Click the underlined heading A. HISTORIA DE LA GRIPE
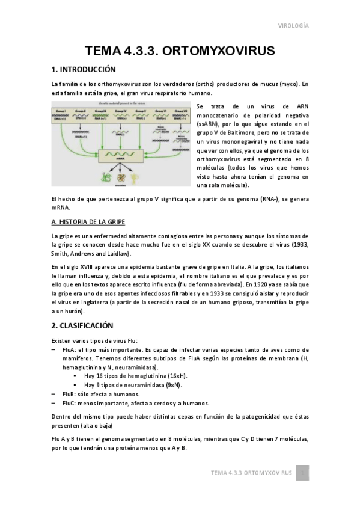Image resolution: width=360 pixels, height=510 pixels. click(88, 221)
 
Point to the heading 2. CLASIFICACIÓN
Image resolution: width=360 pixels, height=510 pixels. click(82, 325)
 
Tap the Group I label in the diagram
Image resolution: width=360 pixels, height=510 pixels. click(61, 112)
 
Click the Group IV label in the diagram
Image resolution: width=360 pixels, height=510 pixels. click(120, 112)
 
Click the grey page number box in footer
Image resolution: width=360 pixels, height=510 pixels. click(304, 473)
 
